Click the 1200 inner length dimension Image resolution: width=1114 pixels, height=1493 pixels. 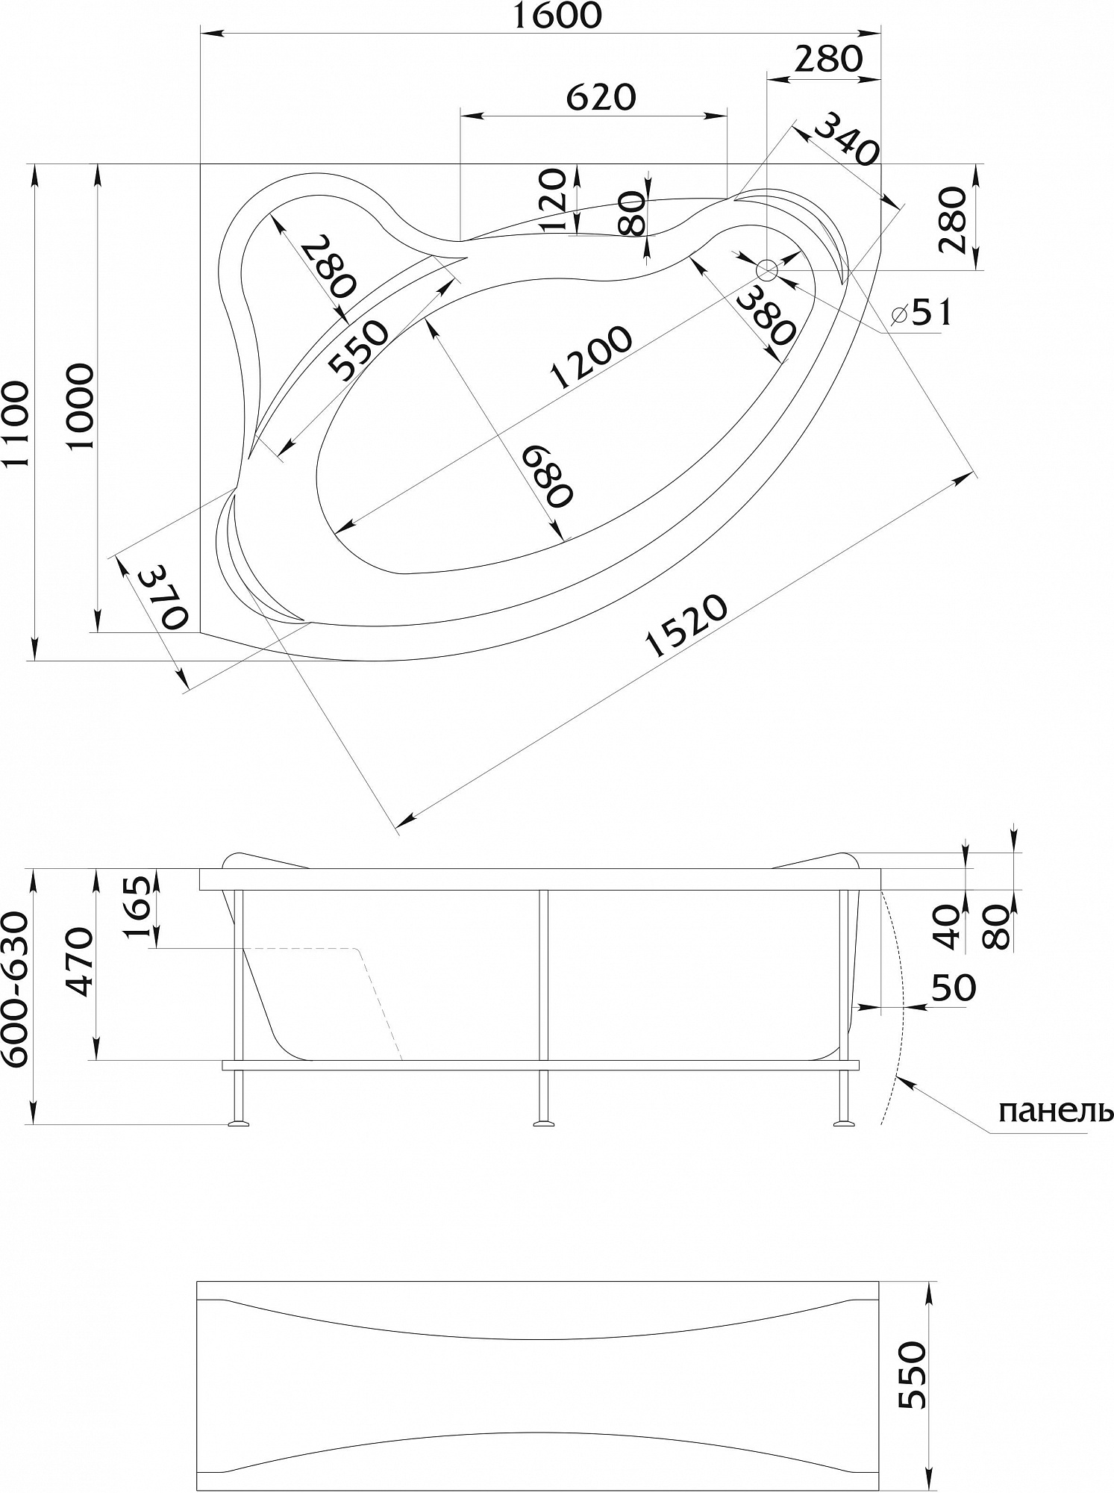point(591,358)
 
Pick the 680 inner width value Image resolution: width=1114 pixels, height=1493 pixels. point(547,476)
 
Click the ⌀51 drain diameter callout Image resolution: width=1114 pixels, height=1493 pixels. point(922,313)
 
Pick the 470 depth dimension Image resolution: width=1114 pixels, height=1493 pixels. point(79,963)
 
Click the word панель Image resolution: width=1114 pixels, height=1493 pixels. point(1055,1112)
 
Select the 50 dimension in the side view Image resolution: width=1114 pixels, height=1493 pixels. point(953,988)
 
